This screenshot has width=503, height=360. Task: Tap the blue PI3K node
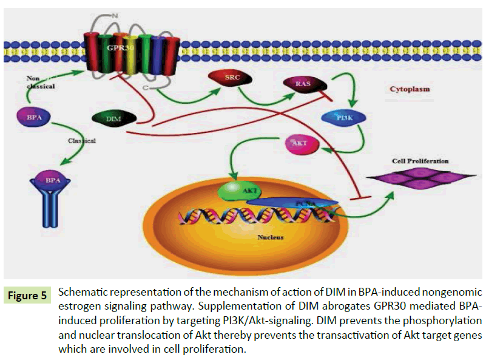[x=342, y=117]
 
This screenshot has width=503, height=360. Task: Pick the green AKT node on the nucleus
[x=238, y=189]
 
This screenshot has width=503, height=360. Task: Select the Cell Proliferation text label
[x=420, y=161]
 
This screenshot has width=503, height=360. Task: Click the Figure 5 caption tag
[x=27, y=296]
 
